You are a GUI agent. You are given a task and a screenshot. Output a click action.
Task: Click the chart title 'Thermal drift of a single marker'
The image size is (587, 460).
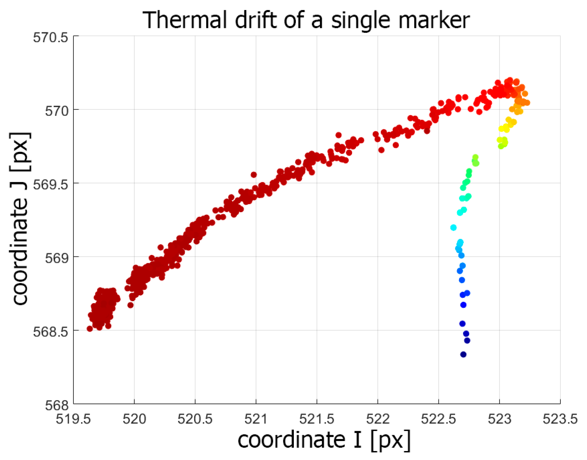306,20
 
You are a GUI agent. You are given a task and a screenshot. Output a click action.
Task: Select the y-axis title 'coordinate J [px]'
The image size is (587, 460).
20,218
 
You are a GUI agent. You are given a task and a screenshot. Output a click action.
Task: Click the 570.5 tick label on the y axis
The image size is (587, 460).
51,38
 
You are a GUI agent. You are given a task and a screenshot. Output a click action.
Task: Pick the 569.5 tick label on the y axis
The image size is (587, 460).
51,184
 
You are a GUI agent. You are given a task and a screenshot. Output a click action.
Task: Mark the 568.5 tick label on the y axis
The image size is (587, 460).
51,332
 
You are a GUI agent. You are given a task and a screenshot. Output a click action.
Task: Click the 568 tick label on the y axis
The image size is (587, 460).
57,405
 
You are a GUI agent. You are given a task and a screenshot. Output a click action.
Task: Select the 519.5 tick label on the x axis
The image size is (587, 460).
73,419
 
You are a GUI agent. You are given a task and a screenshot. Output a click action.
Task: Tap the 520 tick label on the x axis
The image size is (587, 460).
134,419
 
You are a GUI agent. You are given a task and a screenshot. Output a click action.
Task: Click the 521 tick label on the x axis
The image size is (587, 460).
256,419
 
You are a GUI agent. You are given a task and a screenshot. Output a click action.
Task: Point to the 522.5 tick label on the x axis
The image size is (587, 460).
438,419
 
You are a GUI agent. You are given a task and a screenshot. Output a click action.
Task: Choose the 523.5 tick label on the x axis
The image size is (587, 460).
560,419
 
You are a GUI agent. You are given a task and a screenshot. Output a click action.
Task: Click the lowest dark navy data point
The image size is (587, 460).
463,354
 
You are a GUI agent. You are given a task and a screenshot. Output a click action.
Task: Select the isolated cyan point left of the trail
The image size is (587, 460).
453,228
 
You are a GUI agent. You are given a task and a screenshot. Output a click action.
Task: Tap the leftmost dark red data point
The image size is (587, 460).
89,329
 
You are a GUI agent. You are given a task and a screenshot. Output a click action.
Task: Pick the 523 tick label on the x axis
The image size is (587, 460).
499,419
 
